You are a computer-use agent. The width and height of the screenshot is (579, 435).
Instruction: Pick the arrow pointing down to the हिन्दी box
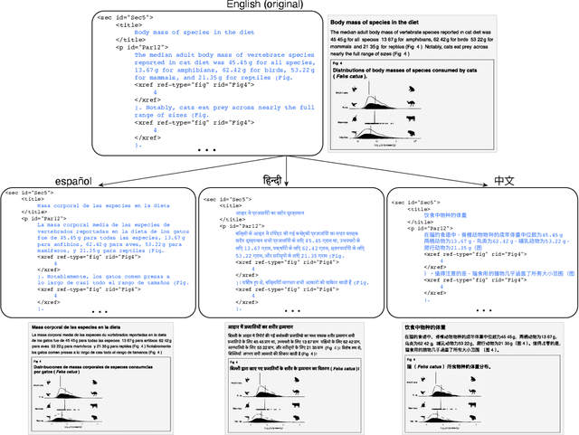287,177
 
